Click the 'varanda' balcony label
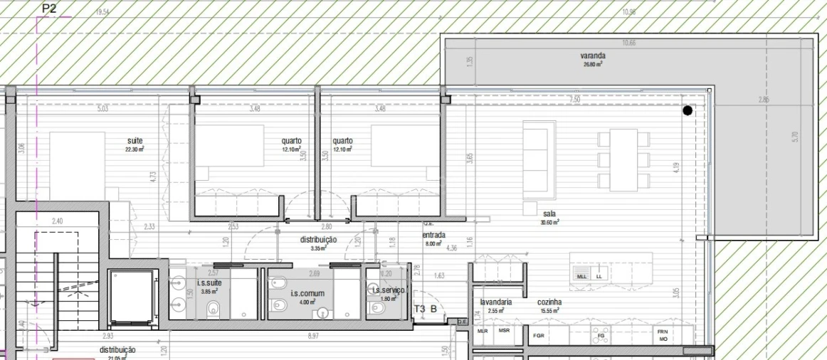coord(592,55)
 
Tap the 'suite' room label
coord(135,141)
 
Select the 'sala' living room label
coord(549,213)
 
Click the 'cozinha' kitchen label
coord(549,302)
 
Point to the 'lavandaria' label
coord(496,302)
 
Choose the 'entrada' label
coord(433,235)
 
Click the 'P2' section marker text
coord(49,9)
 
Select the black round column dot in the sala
coord(688,110)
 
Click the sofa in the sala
coord(539,160)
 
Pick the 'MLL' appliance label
coord(582,276)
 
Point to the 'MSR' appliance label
coord(504,332)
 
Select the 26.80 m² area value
coord(593,64)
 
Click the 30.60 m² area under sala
coord(549,222)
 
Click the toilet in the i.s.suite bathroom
coord(212,309)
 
